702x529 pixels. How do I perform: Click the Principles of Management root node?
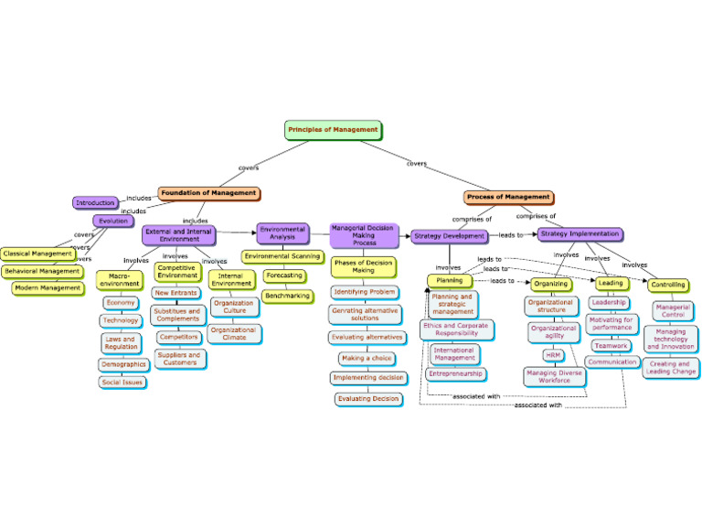333,130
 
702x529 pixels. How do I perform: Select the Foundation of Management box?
208,193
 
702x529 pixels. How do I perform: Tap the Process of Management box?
508,197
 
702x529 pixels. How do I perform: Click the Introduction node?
95,202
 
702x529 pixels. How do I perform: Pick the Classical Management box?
38,254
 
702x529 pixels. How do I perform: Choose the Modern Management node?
48,287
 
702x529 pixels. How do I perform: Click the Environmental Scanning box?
282,256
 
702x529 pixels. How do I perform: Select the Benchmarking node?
287,296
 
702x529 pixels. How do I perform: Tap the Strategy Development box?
449,236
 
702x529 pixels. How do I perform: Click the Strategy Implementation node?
580,234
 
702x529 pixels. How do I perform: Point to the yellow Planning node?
449,280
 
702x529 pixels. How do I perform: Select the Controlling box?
668,285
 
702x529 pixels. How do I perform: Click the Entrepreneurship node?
454,373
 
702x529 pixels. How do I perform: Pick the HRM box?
554,355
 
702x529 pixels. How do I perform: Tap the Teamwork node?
610,346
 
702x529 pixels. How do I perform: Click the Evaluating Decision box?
367,398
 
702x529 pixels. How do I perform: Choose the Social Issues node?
122,382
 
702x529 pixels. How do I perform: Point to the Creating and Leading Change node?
671,368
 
